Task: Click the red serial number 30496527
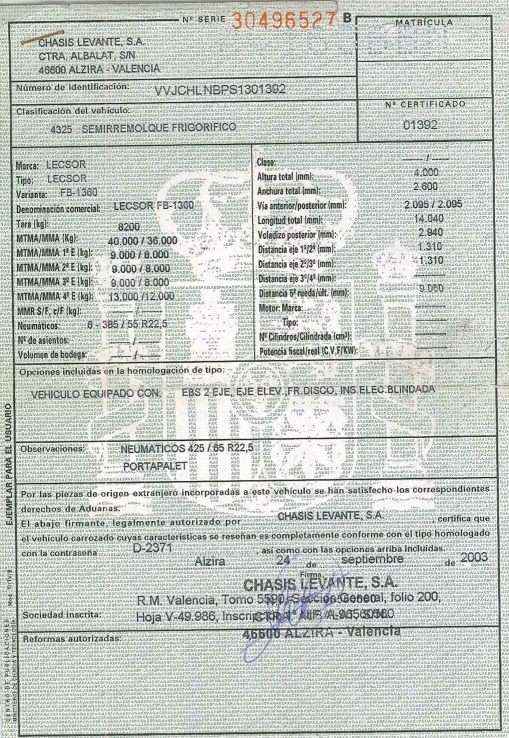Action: [284, 21]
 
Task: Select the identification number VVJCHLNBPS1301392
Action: [221, 90]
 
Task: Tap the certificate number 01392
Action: [420, 125]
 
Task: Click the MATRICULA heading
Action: [424, 22]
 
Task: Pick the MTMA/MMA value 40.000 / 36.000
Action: [143, 240]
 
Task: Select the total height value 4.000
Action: [426, 172]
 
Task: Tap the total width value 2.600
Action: [426, 187]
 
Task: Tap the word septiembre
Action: [372, 559]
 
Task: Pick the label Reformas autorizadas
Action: [71, 639]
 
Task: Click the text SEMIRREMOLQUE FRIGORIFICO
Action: [159, 128]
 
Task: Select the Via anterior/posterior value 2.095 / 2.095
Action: [434, 204]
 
